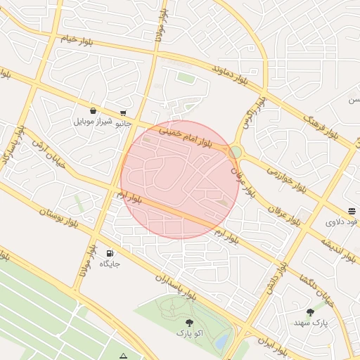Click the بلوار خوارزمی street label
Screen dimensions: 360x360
click(x=286, y=179)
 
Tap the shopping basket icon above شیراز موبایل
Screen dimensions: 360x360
click(x=93, y=110)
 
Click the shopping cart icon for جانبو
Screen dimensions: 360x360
click(x=124, y=112)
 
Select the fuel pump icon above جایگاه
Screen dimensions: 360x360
click(x=110, y=253)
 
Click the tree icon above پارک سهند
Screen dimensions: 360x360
click(x=310, y=311)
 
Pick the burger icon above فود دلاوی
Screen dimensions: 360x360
click(x=351, y=211)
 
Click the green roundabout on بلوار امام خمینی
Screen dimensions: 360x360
click(x=236, y=152)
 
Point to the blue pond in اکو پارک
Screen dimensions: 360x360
click(x=221, y=341)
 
